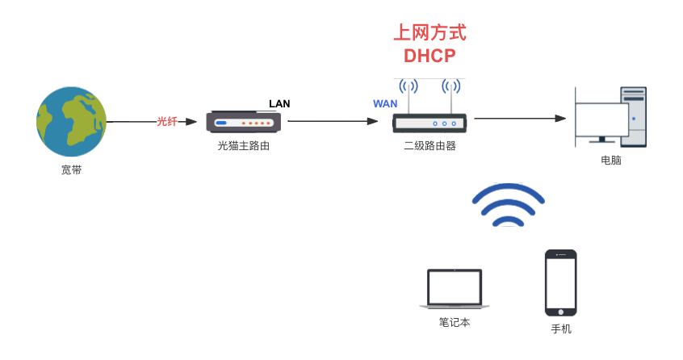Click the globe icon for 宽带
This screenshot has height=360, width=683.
pyautogui.click(x=71, y=121)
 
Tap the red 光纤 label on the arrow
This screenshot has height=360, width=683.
pyautogui.click(x=167, y=121)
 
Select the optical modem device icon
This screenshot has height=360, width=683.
pyautogui.click(x=243, y=122)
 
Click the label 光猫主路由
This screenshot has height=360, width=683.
pyautogui.click(x=243, y=146)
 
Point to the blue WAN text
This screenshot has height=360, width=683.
pyautogui.click(x=385, y=103)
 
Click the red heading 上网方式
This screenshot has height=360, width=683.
pyautogui.click(x=429, y=33)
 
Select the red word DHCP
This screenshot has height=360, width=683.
pyautogui.click(x=429, y=56)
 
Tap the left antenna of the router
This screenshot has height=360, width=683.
pyautogui.click(x=409, y=94)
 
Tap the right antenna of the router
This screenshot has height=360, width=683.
pyautogui.click(x=450, y=94)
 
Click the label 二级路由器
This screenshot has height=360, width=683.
pyautogui.click(x=429, y=146)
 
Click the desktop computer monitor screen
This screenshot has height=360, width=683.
pyautogui.click(x=601, y=120)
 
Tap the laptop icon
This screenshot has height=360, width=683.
pyautogui.click(x=455, y=289)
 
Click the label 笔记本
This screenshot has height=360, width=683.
pyautogui.click(x=455, y=322)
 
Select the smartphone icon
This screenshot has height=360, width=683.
pyautogui.click(x=560, y=283)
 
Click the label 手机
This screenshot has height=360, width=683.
pyautogui.click(x=561, y=329)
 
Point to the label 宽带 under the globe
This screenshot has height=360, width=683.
pyautogui.click(x=71, y=170)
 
